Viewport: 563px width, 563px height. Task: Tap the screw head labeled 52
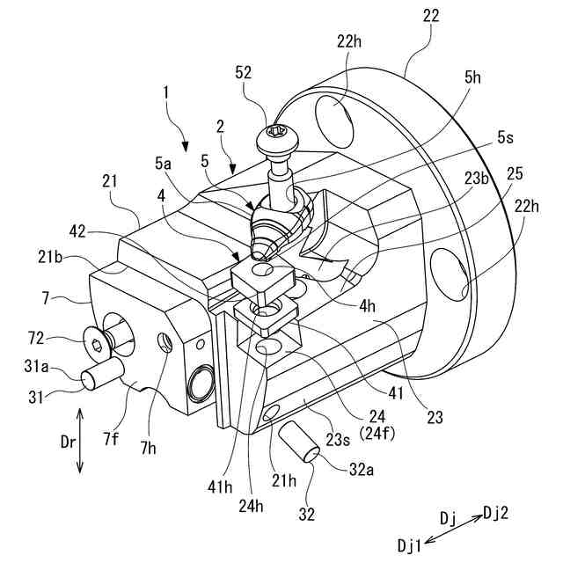point(274,136)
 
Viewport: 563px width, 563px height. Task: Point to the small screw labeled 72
point(95,338)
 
